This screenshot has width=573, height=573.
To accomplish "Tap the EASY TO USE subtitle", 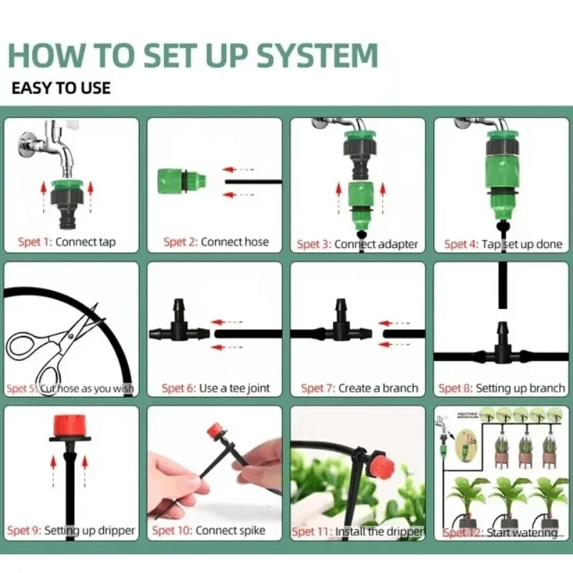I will [61, 89].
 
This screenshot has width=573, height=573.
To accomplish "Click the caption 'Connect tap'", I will [85, 242].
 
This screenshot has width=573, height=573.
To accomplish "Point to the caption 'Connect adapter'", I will [376, 244].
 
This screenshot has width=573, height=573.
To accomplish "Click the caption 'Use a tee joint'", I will [234, 388].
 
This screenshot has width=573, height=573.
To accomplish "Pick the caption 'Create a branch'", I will [378, 388].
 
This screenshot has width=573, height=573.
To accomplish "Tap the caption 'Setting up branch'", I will [520, 388].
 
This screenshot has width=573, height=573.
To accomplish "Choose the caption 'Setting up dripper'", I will [90, 531].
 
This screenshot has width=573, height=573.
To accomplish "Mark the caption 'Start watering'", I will [521, 533].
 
